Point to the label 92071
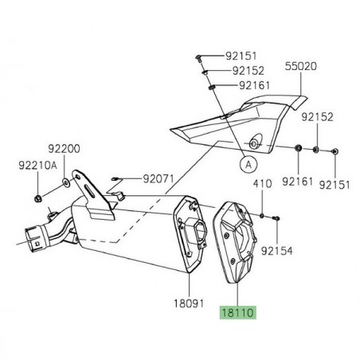(x=159, y=179)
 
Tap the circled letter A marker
(x=246, y=163)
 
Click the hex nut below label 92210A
(x=39, y=196)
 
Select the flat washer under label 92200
(x=65, y=184)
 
